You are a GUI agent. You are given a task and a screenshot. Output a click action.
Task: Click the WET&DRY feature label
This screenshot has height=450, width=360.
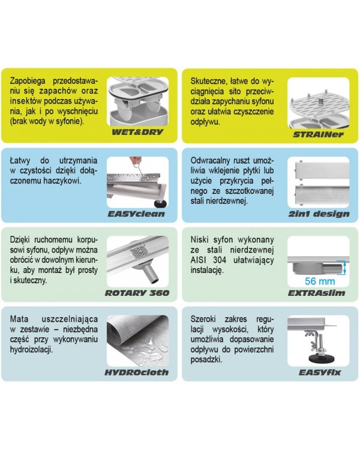coord(137,133)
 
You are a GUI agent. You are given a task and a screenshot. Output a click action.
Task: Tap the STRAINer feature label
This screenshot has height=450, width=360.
coord(318,134)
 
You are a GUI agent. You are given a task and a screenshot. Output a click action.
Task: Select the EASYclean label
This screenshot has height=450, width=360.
coord(136,214)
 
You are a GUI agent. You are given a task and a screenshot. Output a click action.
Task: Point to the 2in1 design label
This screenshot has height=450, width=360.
coord(319,214)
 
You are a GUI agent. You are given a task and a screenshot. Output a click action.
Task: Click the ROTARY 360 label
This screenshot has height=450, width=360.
coord(137,293)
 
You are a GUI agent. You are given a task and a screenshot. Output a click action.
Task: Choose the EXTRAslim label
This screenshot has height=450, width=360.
coord(316,293)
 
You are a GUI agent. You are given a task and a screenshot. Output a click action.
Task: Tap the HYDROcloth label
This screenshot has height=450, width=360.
coord(136,373)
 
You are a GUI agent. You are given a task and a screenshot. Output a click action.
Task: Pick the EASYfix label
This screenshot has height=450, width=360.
coord(320,373)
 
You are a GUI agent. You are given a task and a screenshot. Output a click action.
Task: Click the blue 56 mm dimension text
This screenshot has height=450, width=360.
coord(320,281)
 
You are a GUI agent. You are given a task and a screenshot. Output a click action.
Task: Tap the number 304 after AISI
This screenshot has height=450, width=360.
coord(220,260)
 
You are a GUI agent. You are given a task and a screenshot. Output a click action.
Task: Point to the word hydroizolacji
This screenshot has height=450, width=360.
coord(31,350)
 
